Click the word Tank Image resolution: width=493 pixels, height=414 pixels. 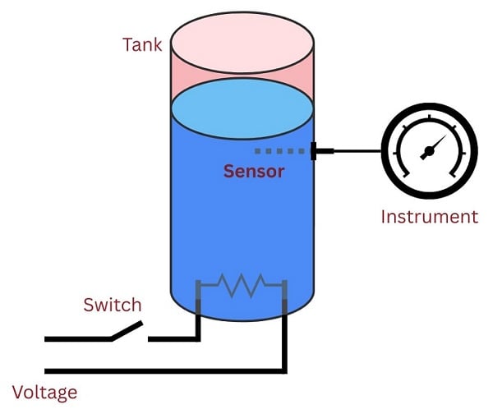pos(142,44)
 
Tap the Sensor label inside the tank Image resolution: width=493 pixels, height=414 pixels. pos(254,172)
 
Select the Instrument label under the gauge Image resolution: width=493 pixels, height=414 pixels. pos(428,217)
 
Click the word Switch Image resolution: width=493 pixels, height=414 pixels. pos(113,306)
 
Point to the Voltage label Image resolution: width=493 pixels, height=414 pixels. pos(45,393)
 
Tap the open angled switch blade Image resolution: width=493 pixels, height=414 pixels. pos(125,329)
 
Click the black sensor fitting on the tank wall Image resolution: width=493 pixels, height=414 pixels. pos(321,151)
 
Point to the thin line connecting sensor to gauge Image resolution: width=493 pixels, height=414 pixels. pos(357,151)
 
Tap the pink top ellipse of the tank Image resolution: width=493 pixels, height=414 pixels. pos(242,41)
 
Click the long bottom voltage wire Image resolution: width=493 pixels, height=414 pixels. pos(164,370)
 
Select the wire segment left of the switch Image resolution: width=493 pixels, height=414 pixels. pos(76,338)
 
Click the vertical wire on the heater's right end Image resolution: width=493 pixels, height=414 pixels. pos(285,329)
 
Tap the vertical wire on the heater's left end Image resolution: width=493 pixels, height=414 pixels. pos(198,312)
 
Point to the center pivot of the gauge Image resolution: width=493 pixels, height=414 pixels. pos(426,152)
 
